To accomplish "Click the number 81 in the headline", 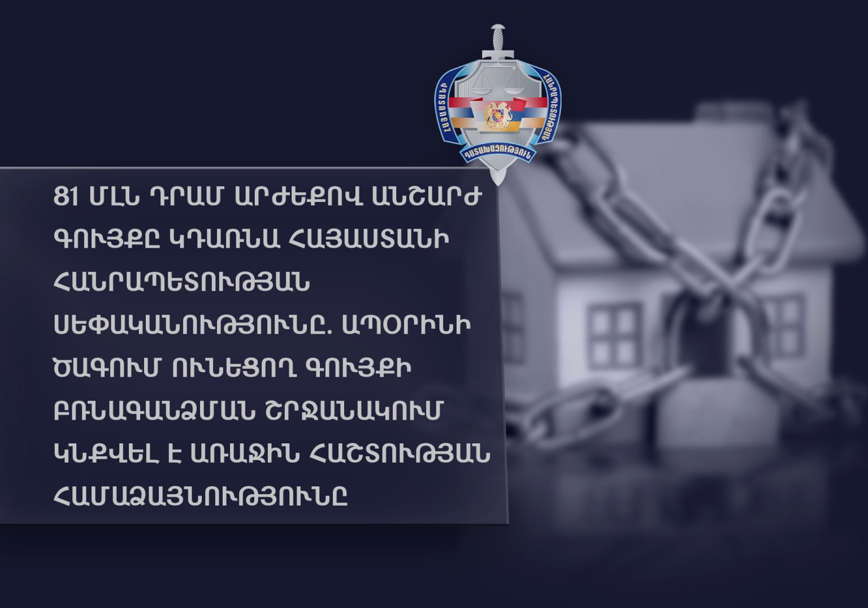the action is point(66,197).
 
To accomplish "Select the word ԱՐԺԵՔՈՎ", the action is point(299,197).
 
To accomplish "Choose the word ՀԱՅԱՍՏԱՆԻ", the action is point(369,239).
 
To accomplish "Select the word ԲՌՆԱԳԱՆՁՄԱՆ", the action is point(154,410).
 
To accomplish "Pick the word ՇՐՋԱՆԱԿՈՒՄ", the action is point(354,410).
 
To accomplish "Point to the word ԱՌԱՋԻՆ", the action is point(245,453).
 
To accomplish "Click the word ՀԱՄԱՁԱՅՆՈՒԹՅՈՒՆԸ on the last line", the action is point(201,495).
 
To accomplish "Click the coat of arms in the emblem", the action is point(498,115).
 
